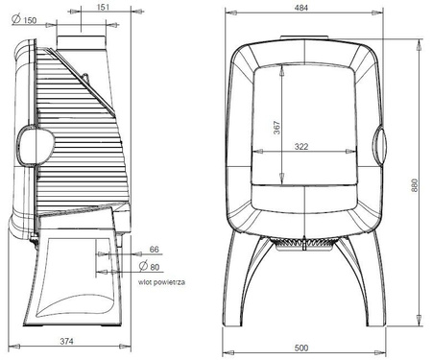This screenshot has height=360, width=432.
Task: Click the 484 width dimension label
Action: pyautogui.click(x=301, y=8)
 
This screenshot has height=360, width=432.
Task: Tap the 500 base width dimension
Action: pyautogui.click(x=301, y=348)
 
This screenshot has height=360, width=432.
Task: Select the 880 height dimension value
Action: pyautogui.click(x=414, y=185)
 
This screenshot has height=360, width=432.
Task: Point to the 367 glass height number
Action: pyautogui.click(x=276, y=128)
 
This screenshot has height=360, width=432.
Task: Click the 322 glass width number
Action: pyautogui.click(x=301, y=147)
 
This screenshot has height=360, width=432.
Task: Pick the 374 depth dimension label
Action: pyautogui.click(x=66, y=341)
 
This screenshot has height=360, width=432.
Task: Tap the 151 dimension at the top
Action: pyautogui.click(x=103, y=7)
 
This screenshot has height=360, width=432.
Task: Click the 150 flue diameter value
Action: pyautogui.click(x=30, y=20)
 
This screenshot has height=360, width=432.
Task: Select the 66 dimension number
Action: pyautogui.click(x=154, y=250)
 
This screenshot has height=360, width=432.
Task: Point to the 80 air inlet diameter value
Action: pyautogui.click(x=155, y=267)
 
